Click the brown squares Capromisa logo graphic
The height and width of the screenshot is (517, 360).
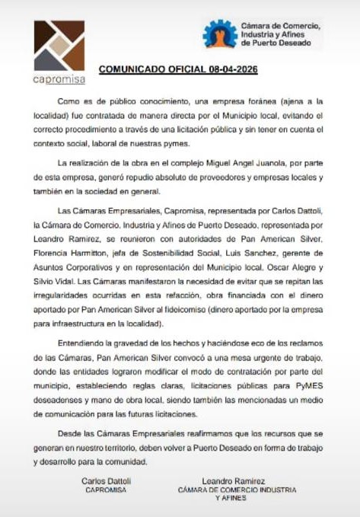coord(59,45)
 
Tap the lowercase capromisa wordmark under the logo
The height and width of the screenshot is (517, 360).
coord(60,79)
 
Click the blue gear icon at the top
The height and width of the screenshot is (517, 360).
coord(220,34)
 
